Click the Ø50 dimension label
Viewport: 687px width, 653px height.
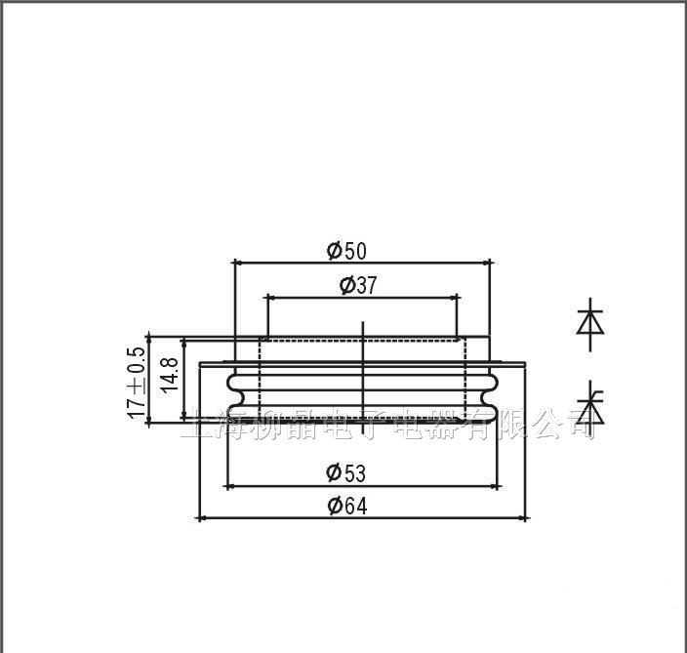pos(346,251)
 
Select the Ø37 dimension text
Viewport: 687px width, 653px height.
pos(358,285)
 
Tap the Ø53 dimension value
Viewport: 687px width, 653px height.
pos(346,473)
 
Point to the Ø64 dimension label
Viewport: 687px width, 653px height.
pos(346,506)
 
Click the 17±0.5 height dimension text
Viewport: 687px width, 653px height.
pos(137,383)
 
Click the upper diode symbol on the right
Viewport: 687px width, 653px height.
pos(590,320)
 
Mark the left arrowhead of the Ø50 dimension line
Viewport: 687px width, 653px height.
pos(239,262)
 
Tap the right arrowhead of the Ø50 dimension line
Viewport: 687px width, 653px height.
pos(484,262)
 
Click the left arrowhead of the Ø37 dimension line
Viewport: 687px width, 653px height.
pos(270,297)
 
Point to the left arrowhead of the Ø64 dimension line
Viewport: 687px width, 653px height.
pos(202,517)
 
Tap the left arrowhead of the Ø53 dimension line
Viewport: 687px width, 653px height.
pos(230,485)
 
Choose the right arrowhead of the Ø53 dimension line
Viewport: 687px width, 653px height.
pos(494,485)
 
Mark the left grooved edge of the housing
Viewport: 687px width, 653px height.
pos(233,390)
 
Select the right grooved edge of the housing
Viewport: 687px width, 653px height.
pos(491,390)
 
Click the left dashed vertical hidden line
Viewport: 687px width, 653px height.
pos(261,381)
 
